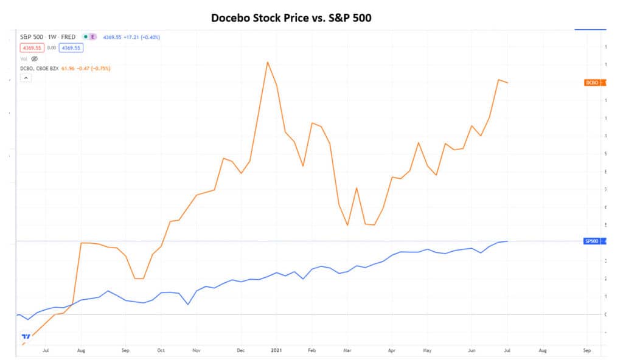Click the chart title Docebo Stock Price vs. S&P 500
click(291, 18)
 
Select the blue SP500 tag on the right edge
click(591, 241)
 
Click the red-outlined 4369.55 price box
click(30, 47)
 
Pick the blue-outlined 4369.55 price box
click(71, 47)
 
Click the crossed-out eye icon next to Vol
click(35, 58)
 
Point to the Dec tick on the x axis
click(241, 351)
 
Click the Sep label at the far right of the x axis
click(586, 351)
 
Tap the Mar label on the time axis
click(347, 351)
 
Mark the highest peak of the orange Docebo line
click(267, 61)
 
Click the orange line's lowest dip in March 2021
click(347, 226)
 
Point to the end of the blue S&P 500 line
click(508, 241)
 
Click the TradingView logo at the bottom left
click(26, 336)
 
